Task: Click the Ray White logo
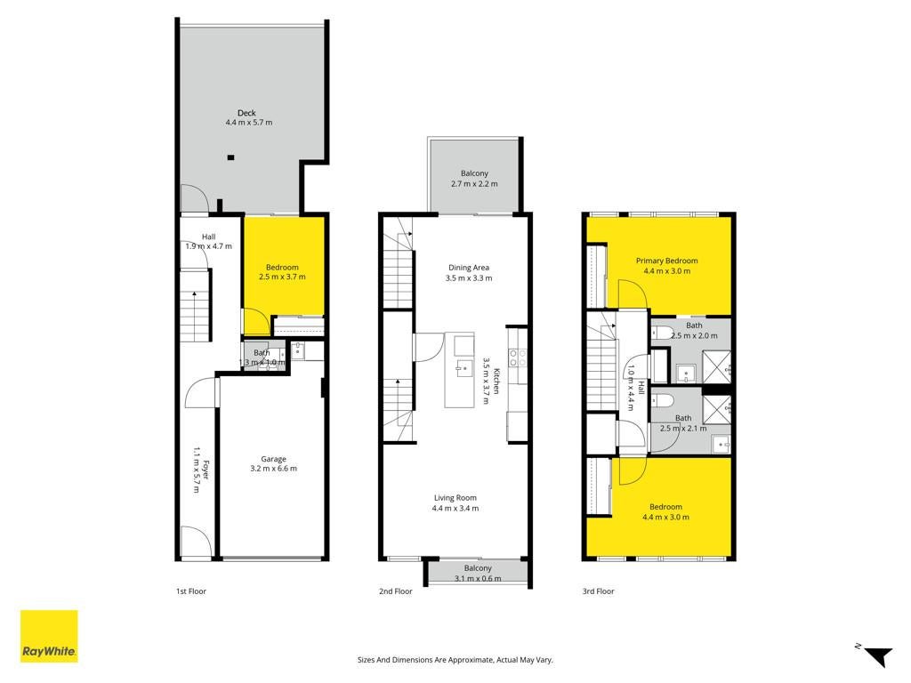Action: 50,636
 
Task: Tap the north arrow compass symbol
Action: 876,655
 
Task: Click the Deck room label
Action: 246,113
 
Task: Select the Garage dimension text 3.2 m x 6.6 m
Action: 274,468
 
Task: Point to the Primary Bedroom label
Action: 667,261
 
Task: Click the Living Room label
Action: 455,498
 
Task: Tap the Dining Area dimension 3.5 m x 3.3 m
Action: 469,278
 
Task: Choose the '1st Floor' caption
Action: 191,591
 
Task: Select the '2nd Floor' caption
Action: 396,591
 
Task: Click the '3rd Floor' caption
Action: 599,591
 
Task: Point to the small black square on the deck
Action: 230,157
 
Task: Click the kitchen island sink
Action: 464,368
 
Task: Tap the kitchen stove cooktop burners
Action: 519,358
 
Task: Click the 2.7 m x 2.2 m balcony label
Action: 475,183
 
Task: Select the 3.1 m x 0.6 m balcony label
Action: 478,578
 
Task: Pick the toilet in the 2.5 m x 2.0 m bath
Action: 662,333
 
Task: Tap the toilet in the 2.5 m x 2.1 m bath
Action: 662,401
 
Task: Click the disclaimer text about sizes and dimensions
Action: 455,660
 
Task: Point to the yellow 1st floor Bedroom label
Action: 282,267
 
